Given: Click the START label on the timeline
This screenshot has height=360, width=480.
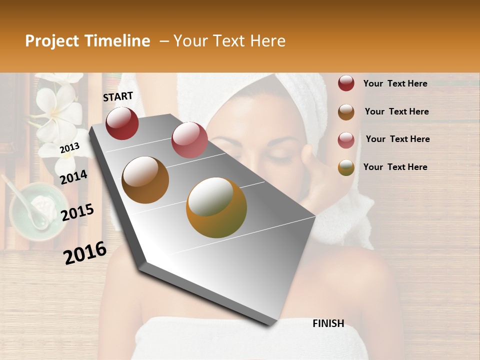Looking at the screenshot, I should coord(118,96).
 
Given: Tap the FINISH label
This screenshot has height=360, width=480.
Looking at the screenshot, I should coord(328,323).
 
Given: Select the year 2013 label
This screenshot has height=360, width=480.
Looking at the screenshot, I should coord(69,147).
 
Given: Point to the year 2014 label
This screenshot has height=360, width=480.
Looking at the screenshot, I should coord(73,177).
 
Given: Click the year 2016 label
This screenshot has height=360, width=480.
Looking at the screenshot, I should coord(85,253).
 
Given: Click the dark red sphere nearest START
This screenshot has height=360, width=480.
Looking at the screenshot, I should coord(122,123).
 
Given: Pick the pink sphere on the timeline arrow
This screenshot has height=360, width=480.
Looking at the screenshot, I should coord(189,139).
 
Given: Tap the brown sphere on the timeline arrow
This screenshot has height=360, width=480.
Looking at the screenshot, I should coord(145,180).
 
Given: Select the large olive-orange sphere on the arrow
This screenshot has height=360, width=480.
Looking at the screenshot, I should coord(216,207).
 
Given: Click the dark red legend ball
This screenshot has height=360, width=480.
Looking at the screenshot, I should coord(346,83).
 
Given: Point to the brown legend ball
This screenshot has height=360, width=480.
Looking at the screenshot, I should coord(346,112).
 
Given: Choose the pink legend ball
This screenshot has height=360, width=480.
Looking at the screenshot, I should coord(346,139).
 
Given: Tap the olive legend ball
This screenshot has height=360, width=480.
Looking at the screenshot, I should coord(346,167).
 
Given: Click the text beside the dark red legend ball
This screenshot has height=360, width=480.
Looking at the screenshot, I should coord(395,83).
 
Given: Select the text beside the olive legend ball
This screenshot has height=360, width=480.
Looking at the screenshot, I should coord(395,167).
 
